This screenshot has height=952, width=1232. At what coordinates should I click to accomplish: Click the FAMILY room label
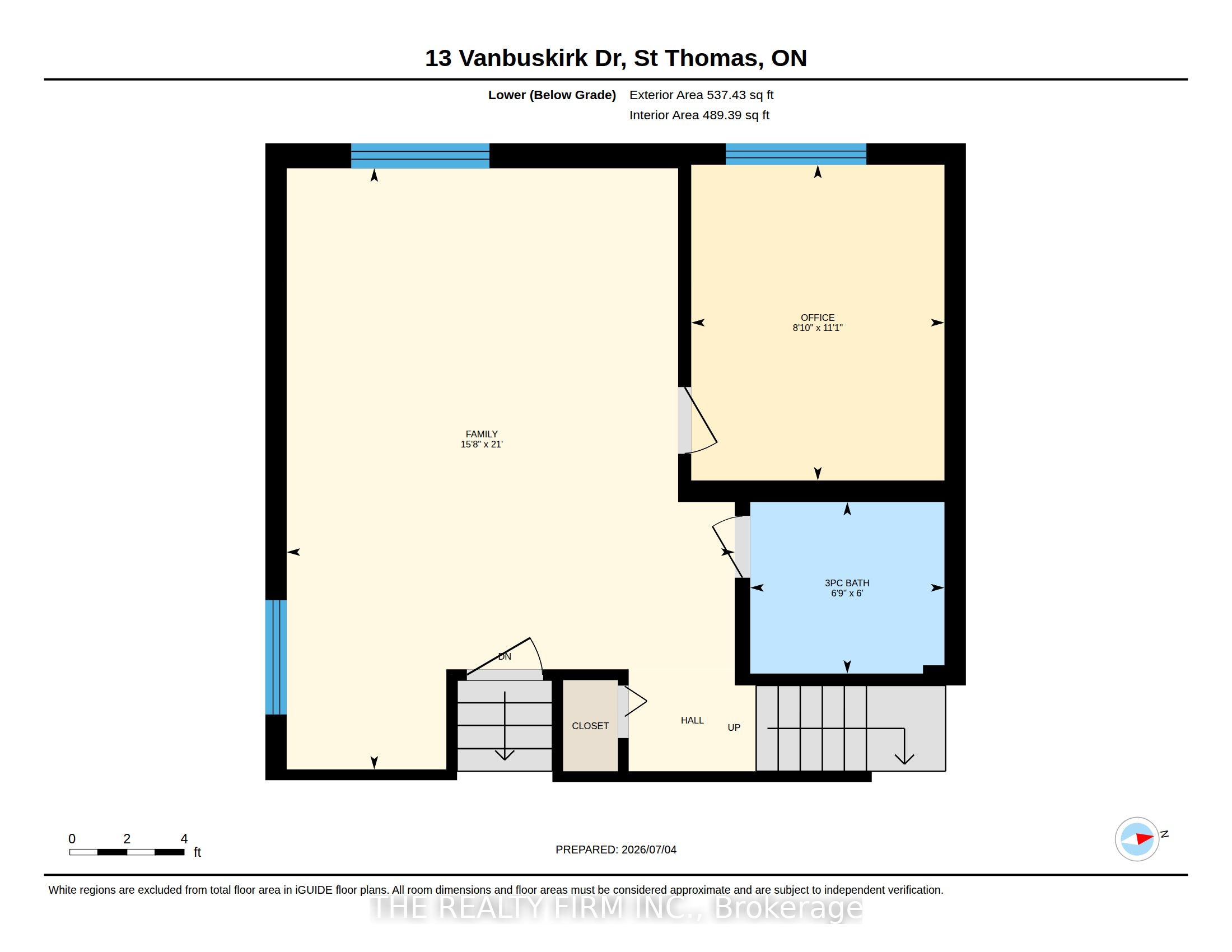(481, 433)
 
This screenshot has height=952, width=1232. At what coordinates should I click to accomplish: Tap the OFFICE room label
(818, 318)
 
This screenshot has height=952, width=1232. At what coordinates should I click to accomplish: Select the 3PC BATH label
(847, 583)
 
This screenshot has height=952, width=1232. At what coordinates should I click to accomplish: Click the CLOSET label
(590, 726)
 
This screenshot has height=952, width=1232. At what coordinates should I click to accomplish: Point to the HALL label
(692, 720)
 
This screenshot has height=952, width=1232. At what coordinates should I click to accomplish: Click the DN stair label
(505, 656)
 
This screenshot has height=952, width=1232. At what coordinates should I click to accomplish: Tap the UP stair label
(734, 727)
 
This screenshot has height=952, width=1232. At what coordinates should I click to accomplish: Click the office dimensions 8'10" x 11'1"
(818, 328)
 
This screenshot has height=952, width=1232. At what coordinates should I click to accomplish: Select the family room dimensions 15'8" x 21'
(481, 445)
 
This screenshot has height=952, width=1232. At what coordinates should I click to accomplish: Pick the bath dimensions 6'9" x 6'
(847, 593)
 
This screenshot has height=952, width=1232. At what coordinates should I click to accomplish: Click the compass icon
(1137, 839)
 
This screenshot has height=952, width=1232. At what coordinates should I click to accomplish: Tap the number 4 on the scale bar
(184, 839)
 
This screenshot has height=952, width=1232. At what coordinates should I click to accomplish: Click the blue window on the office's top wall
(795, 154)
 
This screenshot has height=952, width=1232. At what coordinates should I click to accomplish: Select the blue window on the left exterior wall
(276, 657)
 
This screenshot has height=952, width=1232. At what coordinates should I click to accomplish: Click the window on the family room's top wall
(420, 156)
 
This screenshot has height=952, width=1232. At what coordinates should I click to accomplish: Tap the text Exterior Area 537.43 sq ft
(701, 95)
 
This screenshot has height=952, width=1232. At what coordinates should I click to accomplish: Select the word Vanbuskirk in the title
(523, 58)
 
